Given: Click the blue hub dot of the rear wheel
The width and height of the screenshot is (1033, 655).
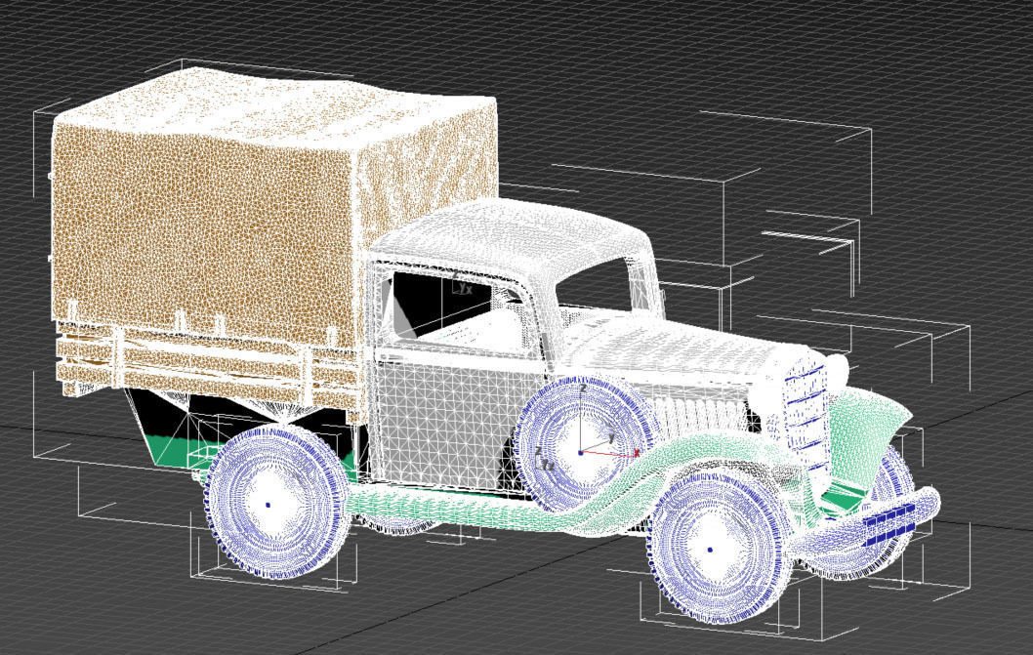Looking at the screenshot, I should coord(268,505).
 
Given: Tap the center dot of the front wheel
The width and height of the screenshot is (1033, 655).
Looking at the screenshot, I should coord(710,550).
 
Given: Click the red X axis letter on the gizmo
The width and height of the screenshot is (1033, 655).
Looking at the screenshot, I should coord(637,452).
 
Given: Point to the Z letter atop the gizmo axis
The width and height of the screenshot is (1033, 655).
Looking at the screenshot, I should coord(583,388).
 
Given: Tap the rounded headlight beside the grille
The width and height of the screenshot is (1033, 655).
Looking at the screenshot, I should coord(838,372).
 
